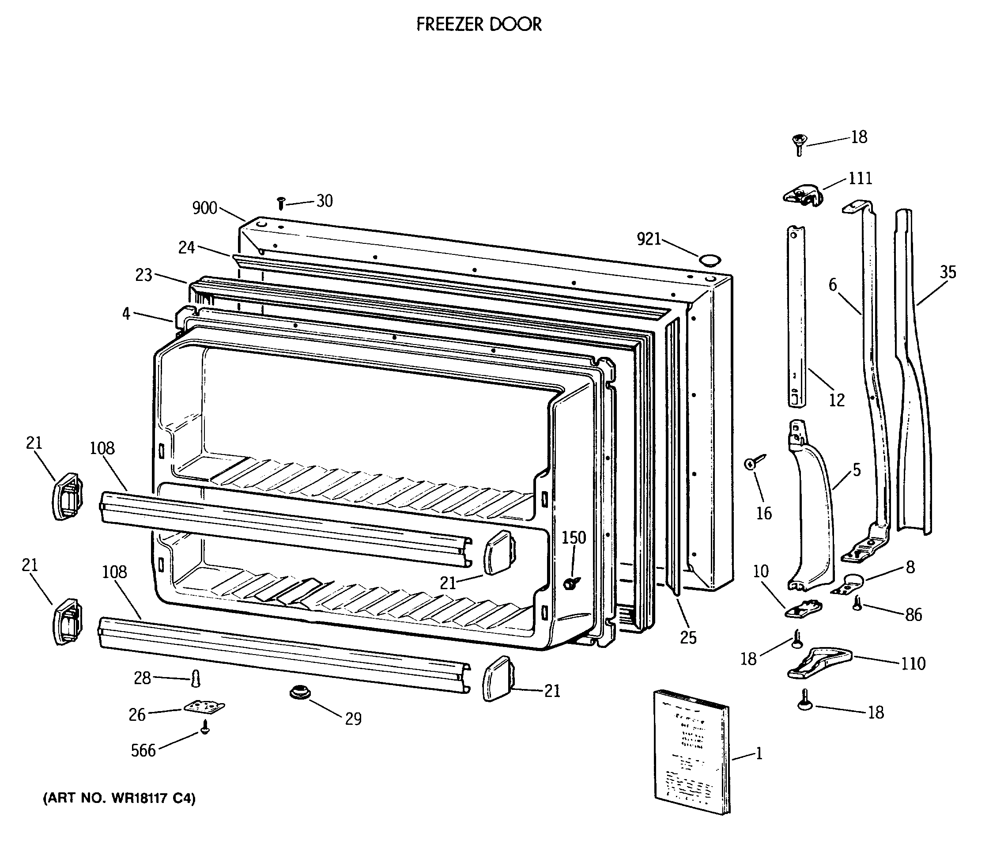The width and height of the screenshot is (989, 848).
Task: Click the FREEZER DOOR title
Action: coord(479,24)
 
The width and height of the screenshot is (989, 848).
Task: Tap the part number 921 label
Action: coord(649,239)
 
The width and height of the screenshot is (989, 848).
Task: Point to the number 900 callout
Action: coord(204,208)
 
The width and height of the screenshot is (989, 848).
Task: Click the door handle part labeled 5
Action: coord(812,506)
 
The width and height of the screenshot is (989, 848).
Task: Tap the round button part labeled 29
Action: coord(300,693)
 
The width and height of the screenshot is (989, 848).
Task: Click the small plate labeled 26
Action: coord(204,707)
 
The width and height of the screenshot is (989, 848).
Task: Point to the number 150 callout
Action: coord(573,538)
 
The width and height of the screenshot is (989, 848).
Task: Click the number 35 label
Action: coord(948,272)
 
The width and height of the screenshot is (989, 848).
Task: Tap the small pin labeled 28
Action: coord(196,678)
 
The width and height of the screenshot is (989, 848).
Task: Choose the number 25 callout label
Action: coord(688,638)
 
